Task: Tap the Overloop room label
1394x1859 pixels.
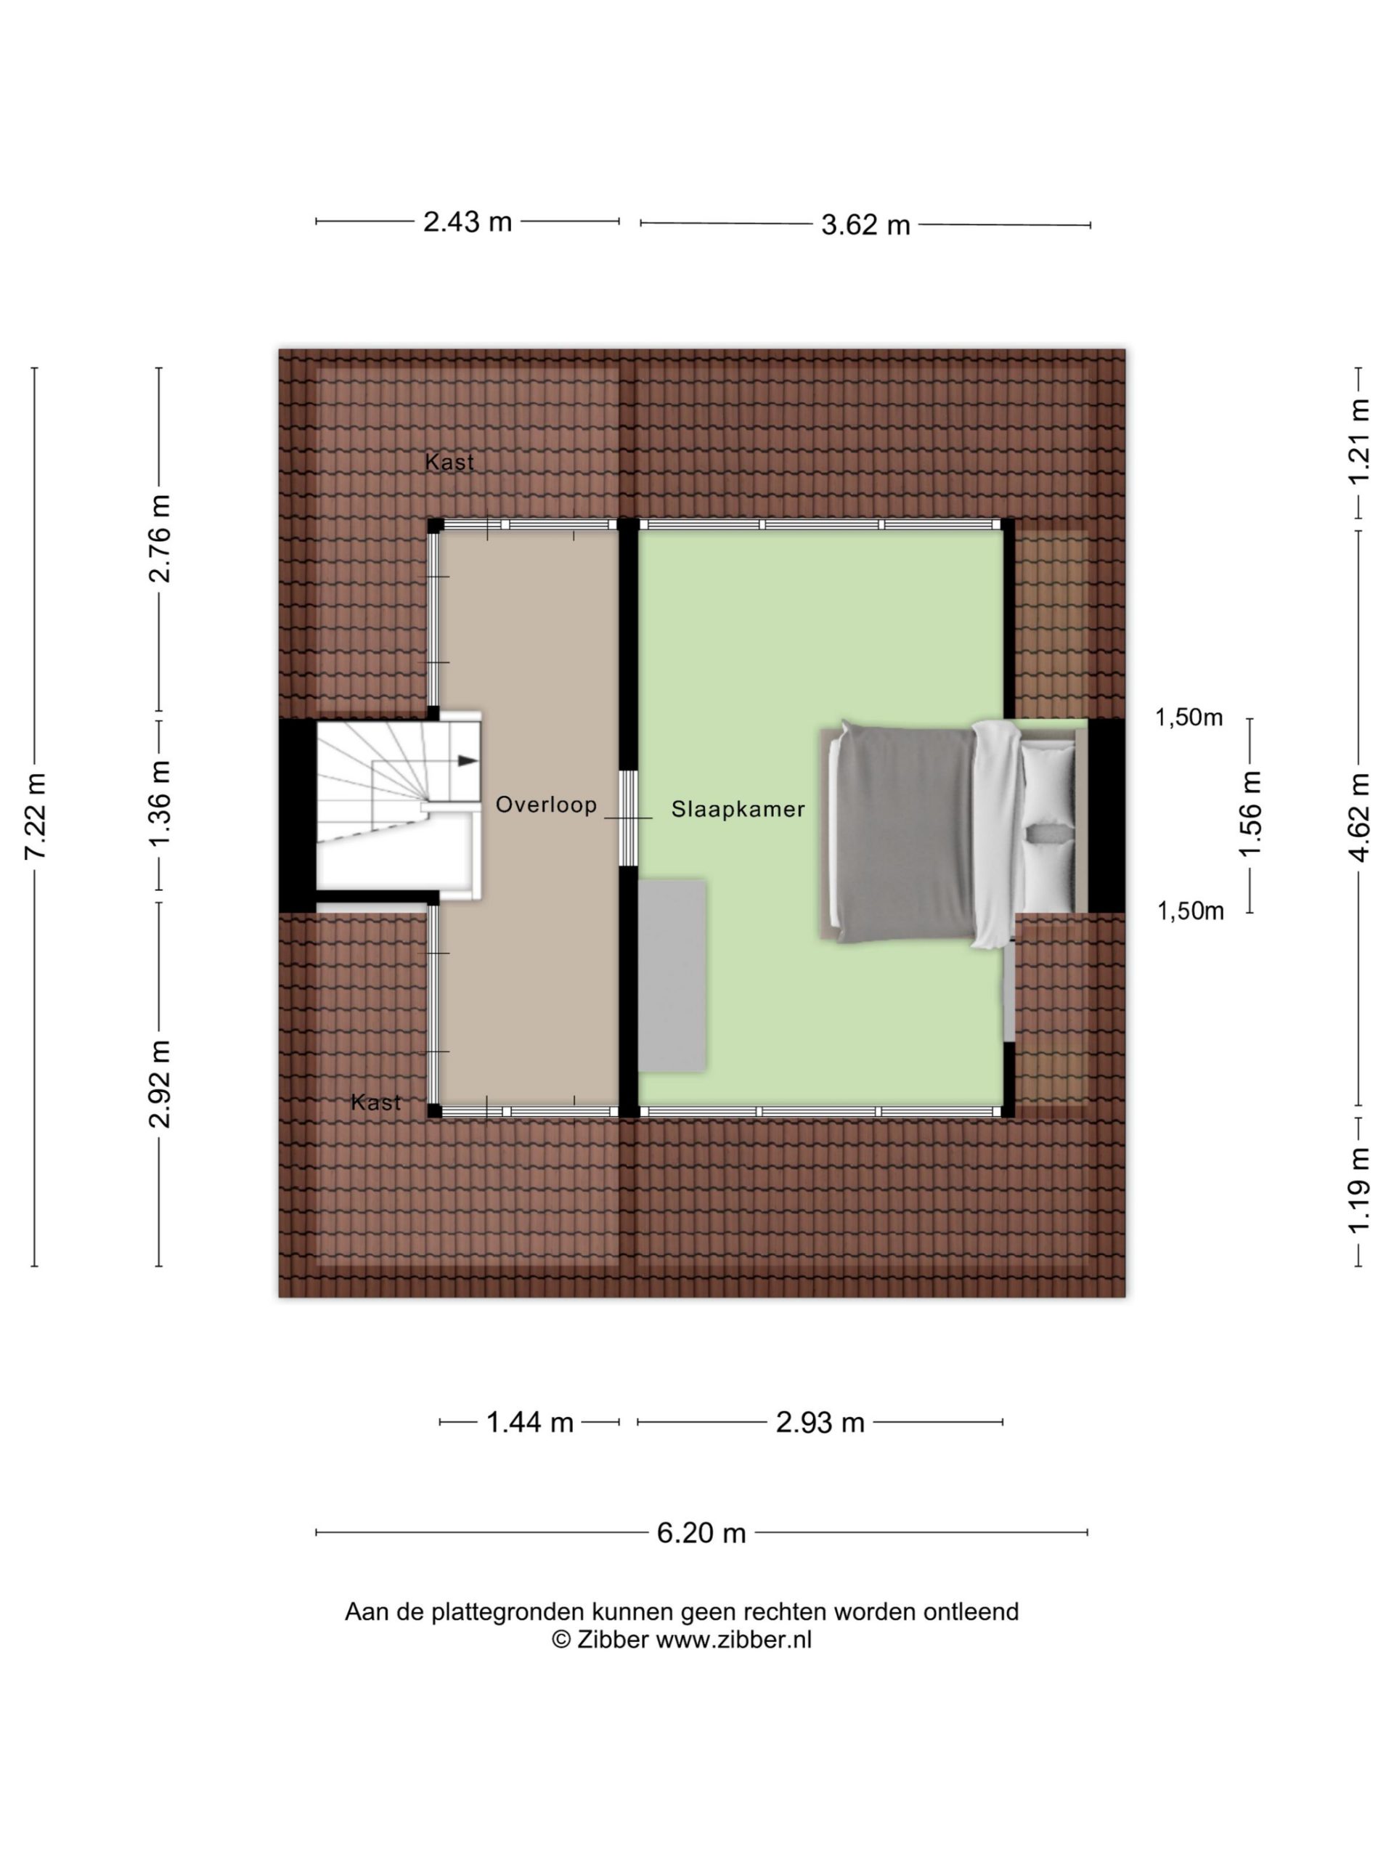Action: coord(545,805)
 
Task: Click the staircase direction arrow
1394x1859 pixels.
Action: coord(466,760)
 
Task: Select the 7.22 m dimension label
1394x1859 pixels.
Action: coord(36,815)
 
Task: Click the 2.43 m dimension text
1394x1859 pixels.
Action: coord(467,222)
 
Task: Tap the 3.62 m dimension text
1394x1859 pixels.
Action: coord(865,225)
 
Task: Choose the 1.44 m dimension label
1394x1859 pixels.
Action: coord(529,1422)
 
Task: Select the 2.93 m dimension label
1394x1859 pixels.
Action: coord(820,1422)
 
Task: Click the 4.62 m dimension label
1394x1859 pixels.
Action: coord(1358,817)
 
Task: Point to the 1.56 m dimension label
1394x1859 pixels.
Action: coord(1250,813)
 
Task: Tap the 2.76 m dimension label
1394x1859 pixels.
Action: coord(160,539)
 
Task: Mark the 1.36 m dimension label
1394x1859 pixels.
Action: coord(160,805)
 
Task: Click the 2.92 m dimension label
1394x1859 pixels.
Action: coord(160,1083)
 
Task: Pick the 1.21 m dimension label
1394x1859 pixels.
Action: coord(1358,442)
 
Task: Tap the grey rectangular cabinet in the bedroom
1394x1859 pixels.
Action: coord(672,975)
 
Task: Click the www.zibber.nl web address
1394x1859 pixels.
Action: coord(733,1640)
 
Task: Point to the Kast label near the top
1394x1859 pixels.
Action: coord(449,461)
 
